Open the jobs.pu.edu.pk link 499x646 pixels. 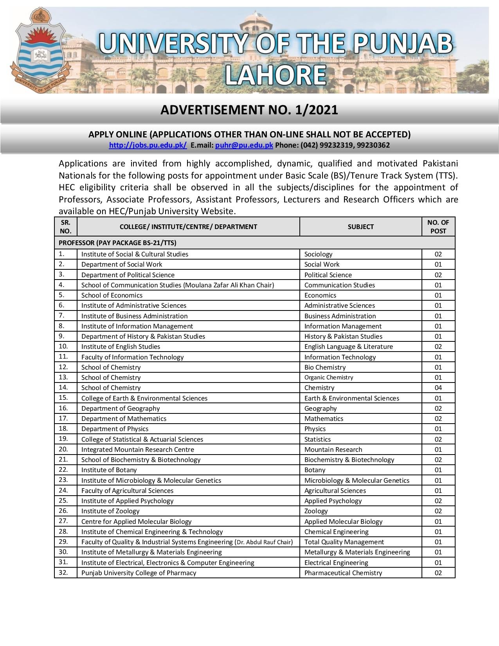pos(148,145)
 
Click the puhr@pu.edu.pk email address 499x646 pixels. pos(244,145)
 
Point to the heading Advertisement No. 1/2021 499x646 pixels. pos(249,110)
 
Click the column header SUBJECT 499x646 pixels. pos(360,227)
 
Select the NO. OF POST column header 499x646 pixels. pos(438,227)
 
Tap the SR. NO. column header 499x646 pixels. pos(66,227)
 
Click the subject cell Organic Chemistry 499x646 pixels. pos(329,377)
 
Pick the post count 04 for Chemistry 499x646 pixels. pos(438,388)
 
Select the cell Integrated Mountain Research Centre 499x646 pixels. pos(138,449)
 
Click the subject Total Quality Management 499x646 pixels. pos(344,542)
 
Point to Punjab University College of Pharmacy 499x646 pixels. pos(139,573)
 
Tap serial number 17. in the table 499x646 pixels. pos(63,418)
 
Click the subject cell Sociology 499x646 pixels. pos(318,254)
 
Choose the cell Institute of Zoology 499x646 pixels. pos(110,511)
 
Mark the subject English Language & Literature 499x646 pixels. pos(348,346)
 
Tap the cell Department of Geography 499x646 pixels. pos(121,408)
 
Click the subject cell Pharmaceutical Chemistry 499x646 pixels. pos(343,573)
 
